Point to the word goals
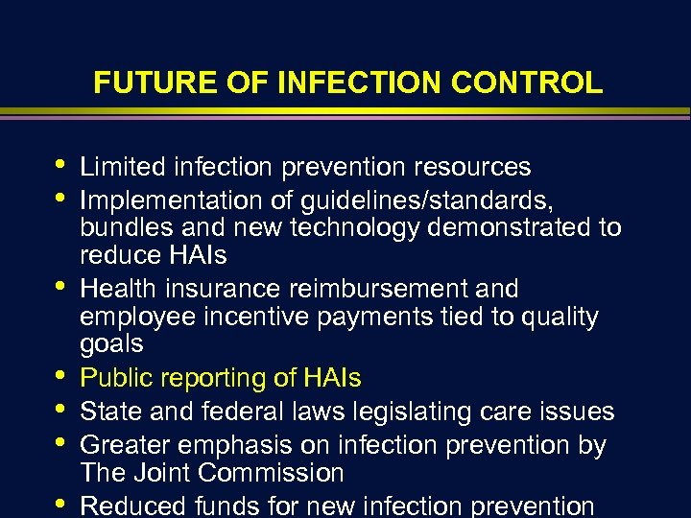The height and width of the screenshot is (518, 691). [111, 343]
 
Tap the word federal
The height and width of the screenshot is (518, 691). [234, 412]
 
